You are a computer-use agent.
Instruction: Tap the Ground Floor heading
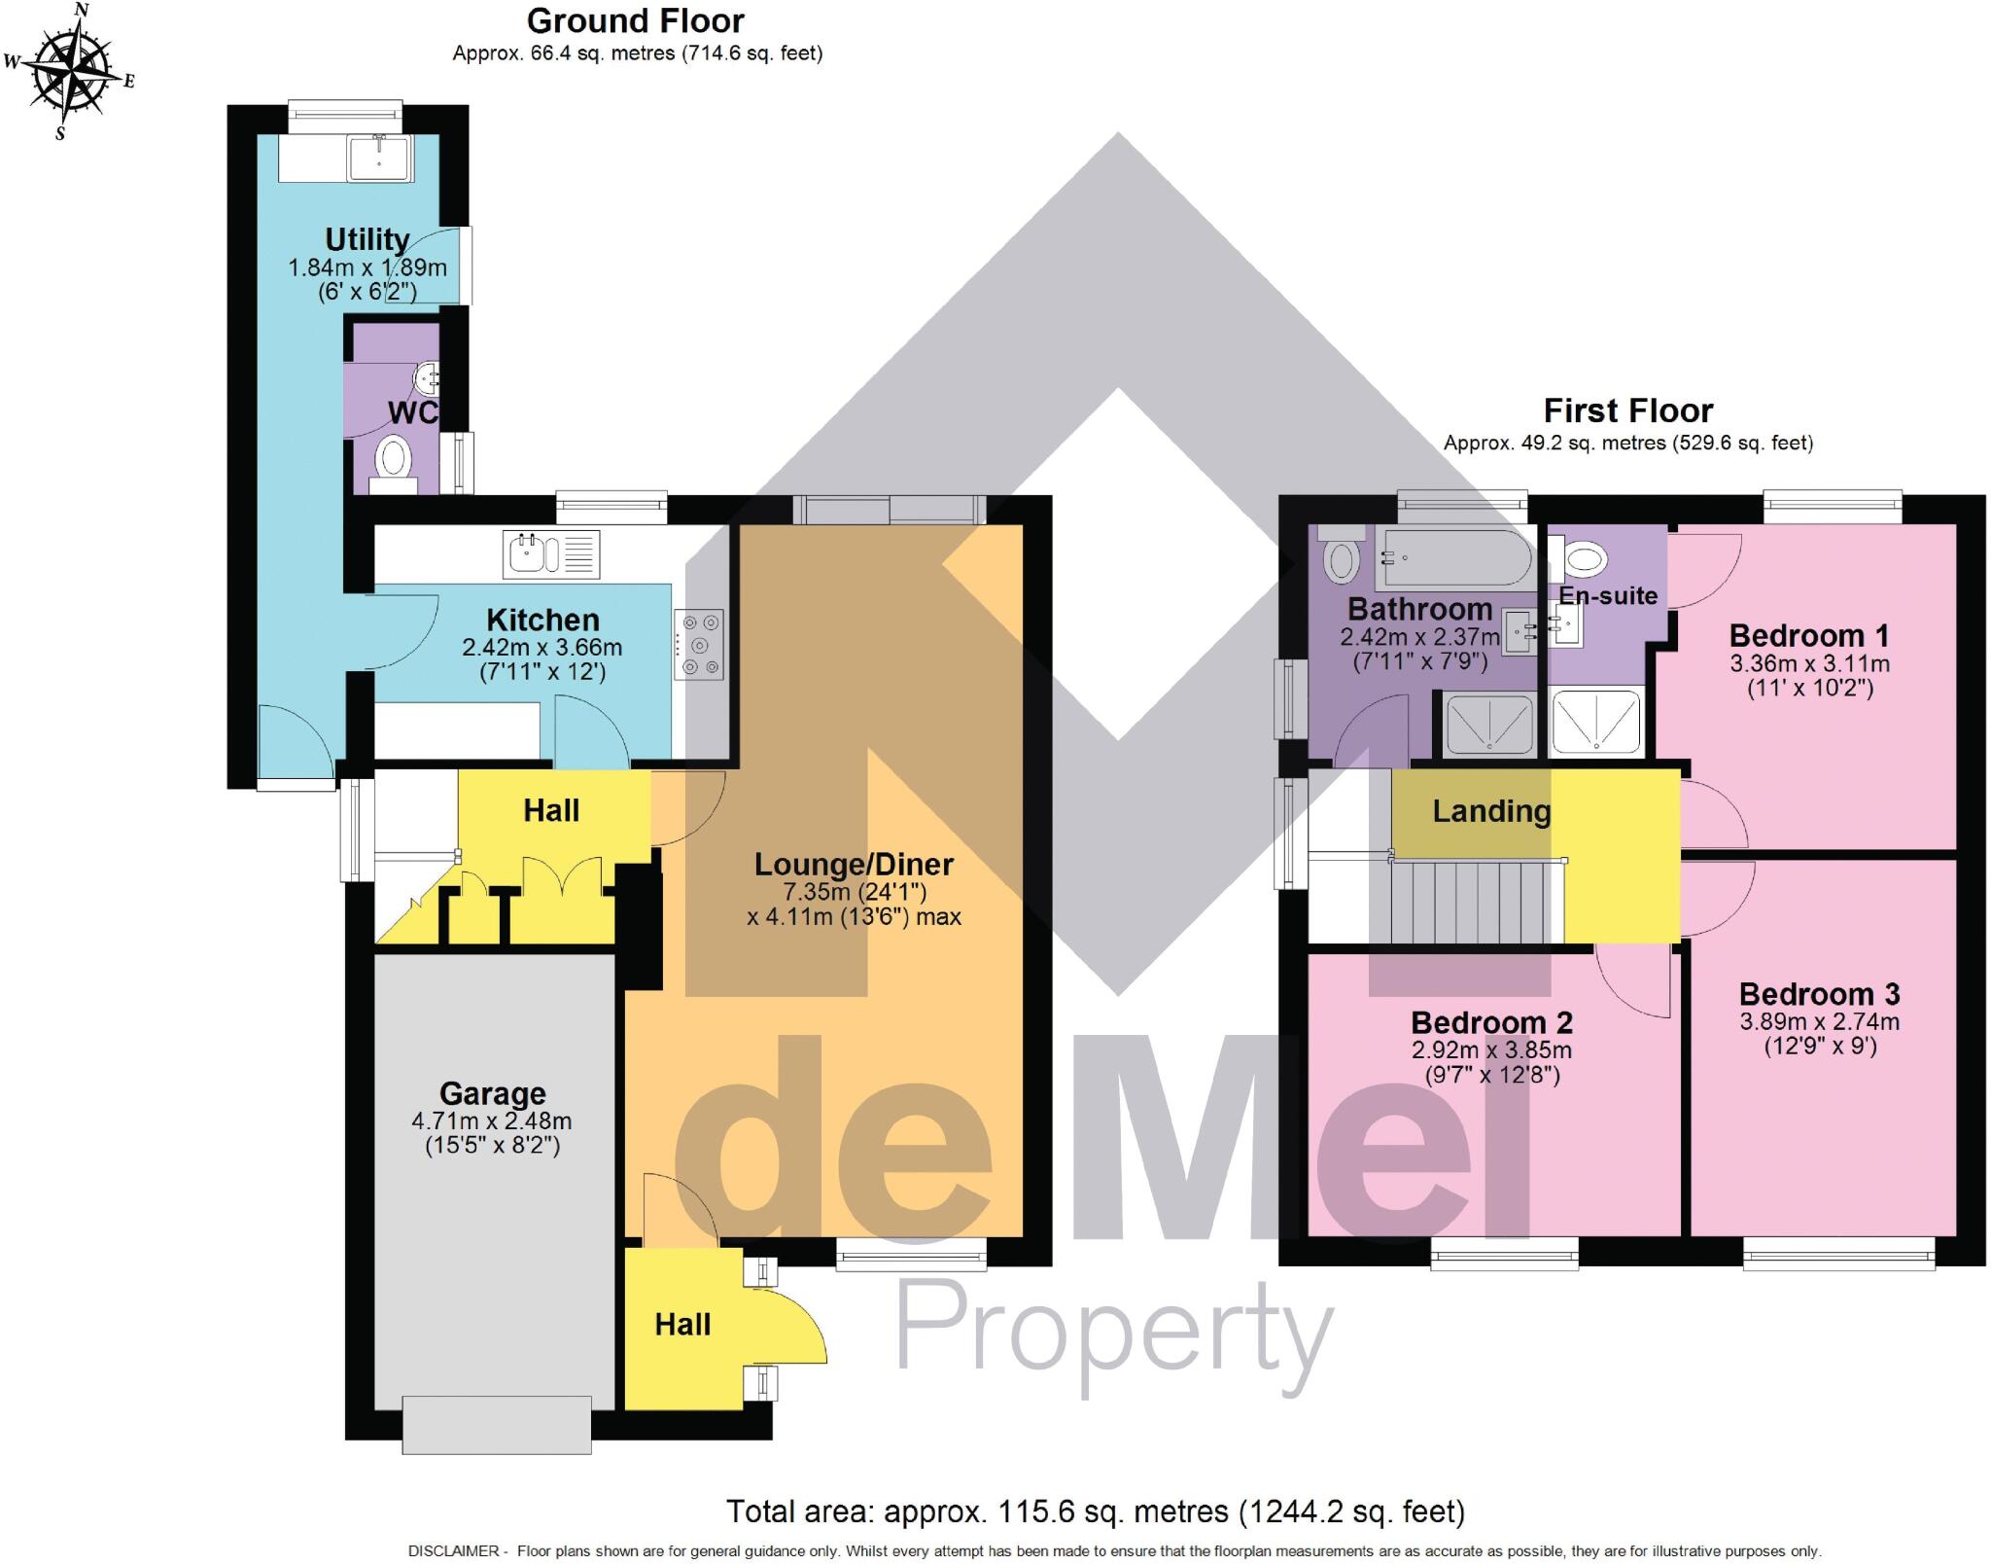[x=635, y=21]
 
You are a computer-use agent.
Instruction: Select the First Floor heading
[x=1627, y=410]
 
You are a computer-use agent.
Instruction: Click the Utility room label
[x=367, y=239]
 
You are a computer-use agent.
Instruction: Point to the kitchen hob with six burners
[x=700, y=643]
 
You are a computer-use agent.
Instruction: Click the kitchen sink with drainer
[x=550, y=554]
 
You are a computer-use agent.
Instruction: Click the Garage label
[x=492, y=1094]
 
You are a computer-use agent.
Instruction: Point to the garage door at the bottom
[x=497, y=1424]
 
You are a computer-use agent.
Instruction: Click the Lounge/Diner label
[x=854, y=864]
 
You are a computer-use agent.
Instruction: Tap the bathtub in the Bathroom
[x=1453, y=558]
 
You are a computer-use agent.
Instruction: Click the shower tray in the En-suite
[x=1595, y=722]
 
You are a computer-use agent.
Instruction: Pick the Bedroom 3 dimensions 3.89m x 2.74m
[x=1819, y=1022]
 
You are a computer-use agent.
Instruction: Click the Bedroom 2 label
[x=1491, y=1022]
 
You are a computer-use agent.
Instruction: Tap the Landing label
[x=1491, y=811]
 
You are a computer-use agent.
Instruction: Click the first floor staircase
[x=1467, y=903]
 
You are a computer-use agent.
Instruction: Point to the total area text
[x=1096, y=1512]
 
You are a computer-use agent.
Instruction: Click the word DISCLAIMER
[x=453, y=1551]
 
